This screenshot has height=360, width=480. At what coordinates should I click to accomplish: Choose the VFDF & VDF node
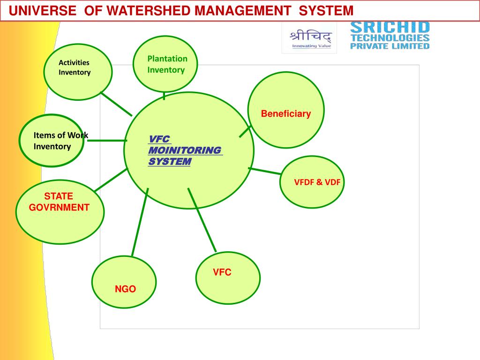(312, 182)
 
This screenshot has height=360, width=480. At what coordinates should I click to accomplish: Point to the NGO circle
(124, 282)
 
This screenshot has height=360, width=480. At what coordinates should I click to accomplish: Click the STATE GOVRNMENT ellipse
(60, 211)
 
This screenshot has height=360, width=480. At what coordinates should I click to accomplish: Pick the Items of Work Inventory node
(52, 141)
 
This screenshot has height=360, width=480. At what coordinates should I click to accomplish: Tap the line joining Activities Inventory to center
(116, 104)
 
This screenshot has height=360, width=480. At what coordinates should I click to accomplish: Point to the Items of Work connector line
(107, 140)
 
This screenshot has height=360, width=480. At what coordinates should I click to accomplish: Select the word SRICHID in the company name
(390, 27)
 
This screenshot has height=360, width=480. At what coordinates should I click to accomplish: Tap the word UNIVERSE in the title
(42, 10)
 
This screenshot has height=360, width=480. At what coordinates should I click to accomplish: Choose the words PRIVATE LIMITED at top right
(390, 46)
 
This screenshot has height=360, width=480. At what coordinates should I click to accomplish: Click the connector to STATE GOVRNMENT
(111, 180)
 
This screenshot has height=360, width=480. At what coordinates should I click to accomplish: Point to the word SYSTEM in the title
(326, 10)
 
